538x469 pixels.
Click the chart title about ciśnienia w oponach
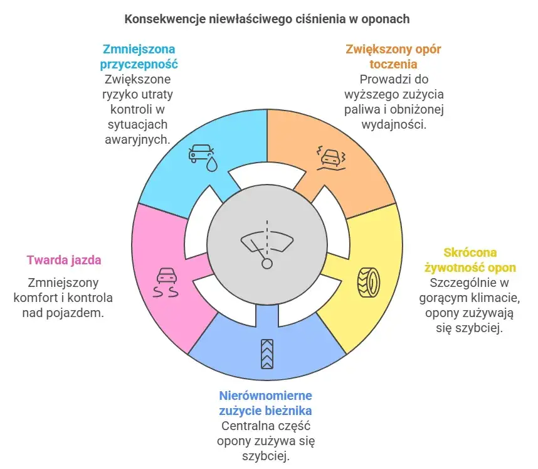pos(267,19)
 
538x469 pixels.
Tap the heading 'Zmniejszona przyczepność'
pos(139,56)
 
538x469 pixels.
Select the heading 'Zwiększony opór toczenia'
pos(393,56)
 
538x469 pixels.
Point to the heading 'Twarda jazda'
pos(64,259)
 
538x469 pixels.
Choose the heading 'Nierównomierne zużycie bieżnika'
pos(266,403)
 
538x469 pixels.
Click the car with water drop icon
pos(202,156)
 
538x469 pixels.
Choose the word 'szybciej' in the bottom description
pos(266,456)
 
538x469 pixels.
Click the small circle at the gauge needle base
pos(267,263)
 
